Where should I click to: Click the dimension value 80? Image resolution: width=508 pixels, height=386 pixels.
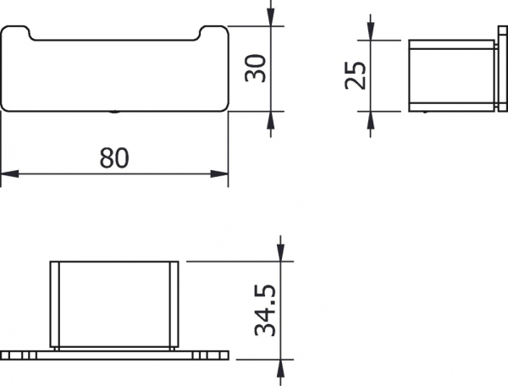[x=115, y=158]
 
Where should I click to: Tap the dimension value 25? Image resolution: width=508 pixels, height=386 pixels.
[x=356, y=76]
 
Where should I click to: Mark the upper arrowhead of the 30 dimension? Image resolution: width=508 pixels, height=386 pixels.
[x=271, y=15]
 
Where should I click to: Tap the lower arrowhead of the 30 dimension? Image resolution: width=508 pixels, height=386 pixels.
[x=271, y=123]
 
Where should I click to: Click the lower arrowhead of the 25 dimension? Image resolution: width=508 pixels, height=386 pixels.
[x=370, y=121]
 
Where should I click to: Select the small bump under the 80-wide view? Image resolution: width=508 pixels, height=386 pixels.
[x=114, y=111]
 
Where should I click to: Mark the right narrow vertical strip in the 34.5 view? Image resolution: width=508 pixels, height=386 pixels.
[x=174, y=305]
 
